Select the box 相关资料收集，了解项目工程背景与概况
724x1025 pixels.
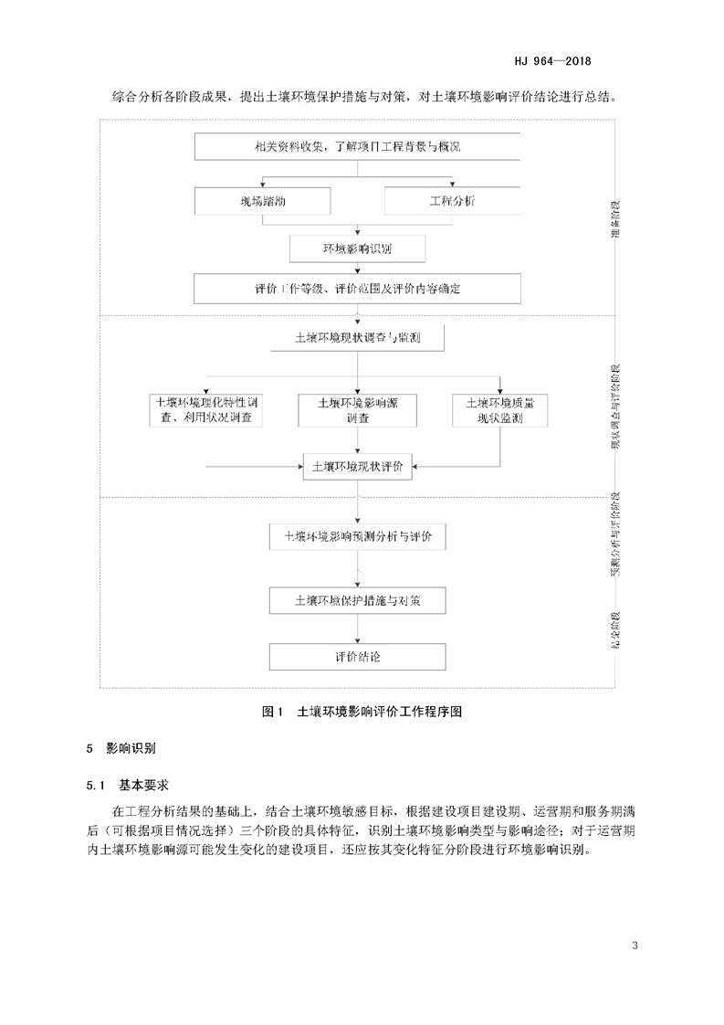pyautogui.click(x=357, y=146)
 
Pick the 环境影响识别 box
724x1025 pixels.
pyautogui.click(x=357, y=248)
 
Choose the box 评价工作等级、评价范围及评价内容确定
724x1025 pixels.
pyautogui.click(x=357, y=289)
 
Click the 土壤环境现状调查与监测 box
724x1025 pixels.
pyautogui.click(x=357, y=338)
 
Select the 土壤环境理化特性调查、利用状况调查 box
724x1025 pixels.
pyautogui.click(x=209, y=410)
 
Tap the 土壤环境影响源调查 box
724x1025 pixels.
pyautogui.click(x=357, y=410)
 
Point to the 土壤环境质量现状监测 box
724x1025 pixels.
pyautogui.click(x=499, y=410)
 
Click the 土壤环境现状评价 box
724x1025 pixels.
pyautogui.click(x=357, y=465)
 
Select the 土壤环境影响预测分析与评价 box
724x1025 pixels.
pyautogui.click(x=357, y=536)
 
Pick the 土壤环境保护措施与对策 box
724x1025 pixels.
pyautogui.click(x=357, y=601)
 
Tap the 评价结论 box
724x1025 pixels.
pyautogui.click(x=357, y=657)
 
